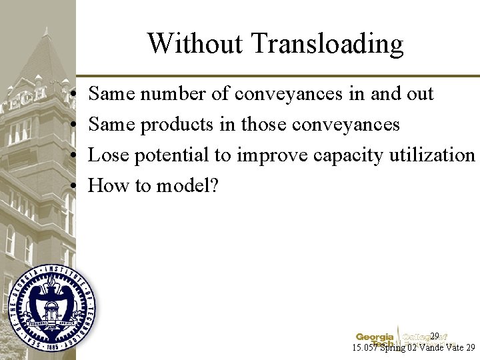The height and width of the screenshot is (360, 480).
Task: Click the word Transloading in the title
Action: [327, 44]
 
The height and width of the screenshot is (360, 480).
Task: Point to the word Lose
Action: [108, 155]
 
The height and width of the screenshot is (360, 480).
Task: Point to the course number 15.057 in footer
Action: [366, 347]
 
